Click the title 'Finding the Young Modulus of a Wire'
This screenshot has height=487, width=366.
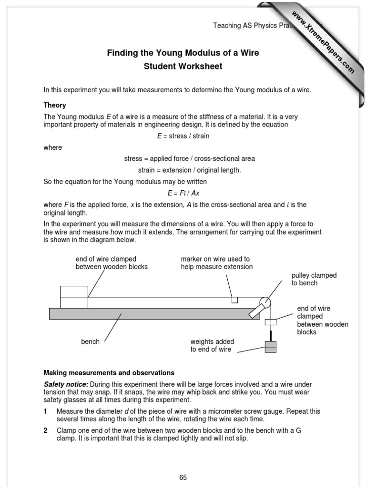pyautogui.click(x=183, y=53)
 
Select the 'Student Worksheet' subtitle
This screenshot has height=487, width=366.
pyautogui.click(x=183, y=66)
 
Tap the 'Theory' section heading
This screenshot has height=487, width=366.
pyautogui.click(x=55, y=105)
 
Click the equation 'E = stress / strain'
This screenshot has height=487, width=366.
pyautogui.click(x=183, y=136)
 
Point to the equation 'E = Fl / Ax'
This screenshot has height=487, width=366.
pyautogui.click(x=183, y=193)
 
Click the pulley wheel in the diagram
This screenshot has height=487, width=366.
pyautogui.click(x=264, y=302)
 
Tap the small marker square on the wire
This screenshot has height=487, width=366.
pyautogui.click(x=234, y=300)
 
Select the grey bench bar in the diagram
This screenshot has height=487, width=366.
pyautogui.click(x=148, y=313)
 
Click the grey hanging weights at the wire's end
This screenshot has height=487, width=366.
pyautogui.click(x=270, y=347)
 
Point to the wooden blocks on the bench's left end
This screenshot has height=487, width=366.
pyautogui.click(x=74, y=297)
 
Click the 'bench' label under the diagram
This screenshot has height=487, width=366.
pyautogui.click(x=90, y=341)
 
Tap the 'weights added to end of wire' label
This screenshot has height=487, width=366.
pyautogui.click(x=212, y=345)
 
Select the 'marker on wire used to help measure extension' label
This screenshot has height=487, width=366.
pyautogui.click(x=216, y=263)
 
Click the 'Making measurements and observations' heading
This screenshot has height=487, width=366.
pyautogui.click(x=109, y=373)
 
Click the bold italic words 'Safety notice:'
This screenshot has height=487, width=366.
pyautogui.click(x=66, y=384)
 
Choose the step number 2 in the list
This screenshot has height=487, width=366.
pyautogui.click(x=46, y=430)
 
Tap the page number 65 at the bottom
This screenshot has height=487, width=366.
pyautogui.click(x=183, y=477)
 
